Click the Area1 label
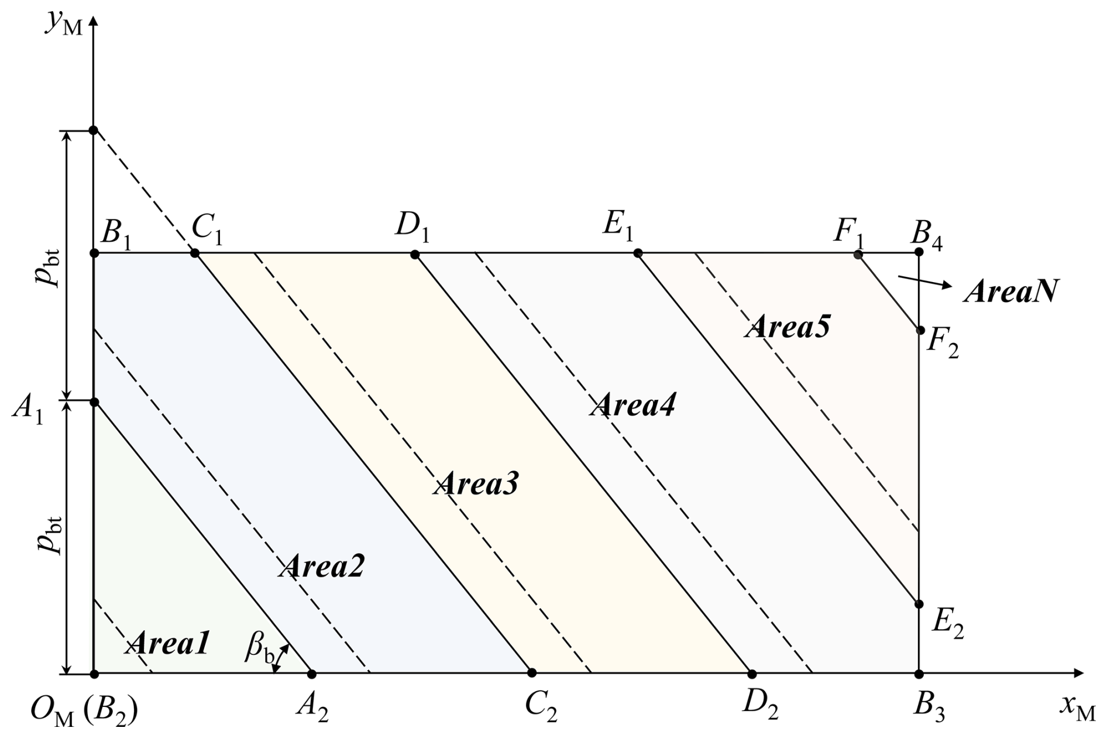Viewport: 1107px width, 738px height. tap(167, 644)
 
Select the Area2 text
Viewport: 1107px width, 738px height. tap(322, 566)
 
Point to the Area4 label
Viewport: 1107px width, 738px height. tap(632, 405)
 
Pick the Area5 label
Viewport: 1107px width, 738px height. tap(788, 327)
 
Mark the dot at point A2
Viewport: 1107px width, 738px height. tap(312, 674)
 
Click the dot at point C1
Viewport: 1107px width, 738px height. tap(195, 253)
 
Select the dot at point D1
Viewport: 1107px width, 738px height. tap(415, 255)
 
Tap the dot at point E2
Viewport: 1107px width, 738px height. tap(919, 604)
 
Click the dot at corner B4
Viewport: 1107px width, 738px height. tap(919, 252)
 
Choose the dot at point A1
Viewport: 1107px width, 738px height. tap(94, 402)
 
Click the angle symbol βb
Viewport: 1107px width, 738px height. tap(260, 650)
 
